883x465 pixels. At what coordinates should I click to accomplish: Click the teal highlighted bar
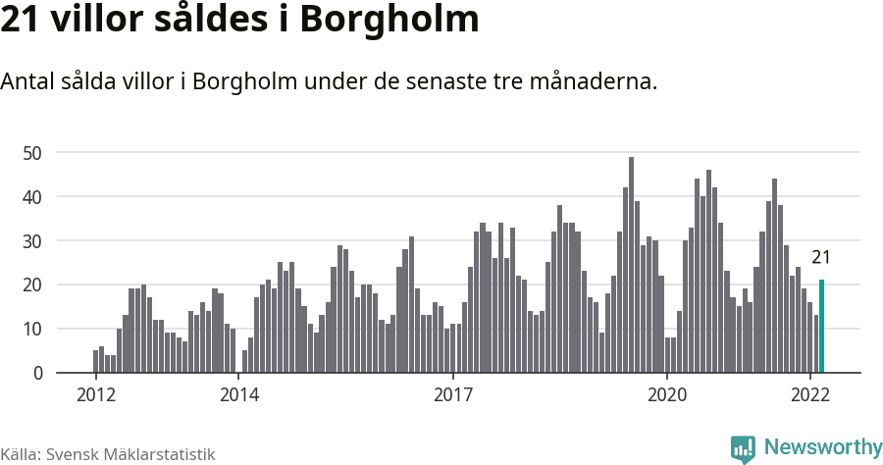pyautogui.click(x=821, y=327)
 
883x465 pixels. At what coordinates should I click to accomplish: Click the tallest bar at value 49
pyautogui.click(x=631, y=265)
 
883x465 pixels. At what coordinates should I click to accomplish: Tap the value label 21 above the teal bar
pyautogui.click(x=821, y=258)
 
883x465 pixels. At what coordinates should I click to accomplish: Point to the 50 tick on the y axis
pyautogui.click(x=32, y=153)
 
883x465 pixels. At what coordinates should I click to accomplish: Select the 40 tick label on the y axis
pyautogui.click(x=32, y=197)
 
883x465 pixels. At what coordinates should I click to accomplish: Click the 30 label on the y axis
pyautogui.click(x=32, y=241)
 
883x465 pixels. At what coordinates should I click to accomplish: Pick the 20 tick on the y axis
pyautogui.click(x=32, y=285)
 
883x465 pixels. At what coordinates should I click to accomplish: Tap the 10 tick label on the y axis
pyautogui.click(x=32, y=330)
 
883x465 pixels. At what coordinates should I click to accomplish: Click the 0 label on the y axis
pyautogui.click(x=37, y=374)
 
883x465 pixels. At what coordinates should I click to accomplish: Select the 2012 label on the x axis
pyautogui.click(x=95, y=395)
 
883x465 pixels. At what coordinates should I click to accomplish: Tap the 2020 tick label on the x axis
pyautogui.click(x=667, y=395)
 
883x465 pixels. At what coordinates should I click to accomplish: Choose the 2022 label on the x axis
pyautogui.click(x=810, y=395)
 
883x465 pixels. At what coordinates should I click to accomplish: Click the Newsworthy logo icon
pyautogui.click(x=743, y=448)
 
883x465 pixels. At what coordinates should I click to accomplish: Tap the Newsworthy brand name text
pyautogui.click(x=822, y=447)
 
